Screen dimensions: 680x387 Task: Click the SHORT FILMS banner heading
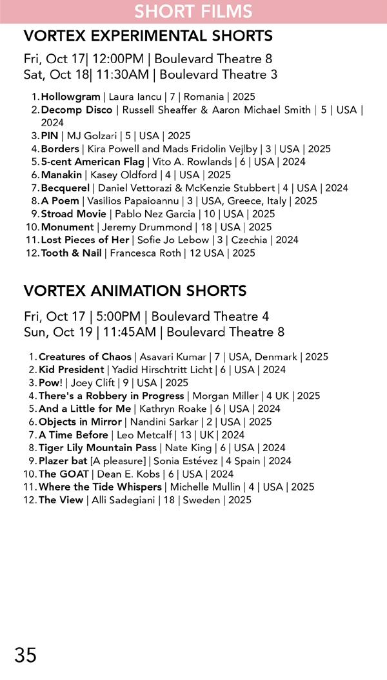[x=193, y=12]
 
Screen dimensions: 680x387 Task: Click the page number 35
[x=25, y=655]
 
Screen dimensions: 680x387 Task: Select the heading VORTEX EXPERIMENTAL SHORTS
[x=148, y=35]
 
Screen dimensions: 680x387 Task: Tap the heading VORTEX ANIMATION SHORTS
[x=135, y=291]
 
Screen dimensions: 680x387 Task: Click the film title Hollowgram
[x=70, y=97]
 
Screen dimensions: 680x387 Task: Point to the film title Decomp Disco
[x=76, y=110]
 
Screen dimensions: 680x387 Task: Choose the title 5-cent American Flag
[x=92, y=162]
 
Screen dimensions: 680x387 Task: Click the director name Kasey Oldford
[x=116, y=175]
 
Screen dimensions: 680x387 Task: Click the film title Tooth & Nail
[x=71, y=253]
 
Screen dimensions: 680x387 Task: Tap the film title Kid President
[x=71, y=370]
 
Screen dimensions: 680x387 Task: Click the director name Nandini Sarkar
[x=164, y=422]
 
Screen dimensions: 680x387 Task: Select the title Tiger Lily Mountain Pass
[x=97, y=447]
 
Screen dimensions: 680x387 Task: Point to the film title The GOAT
[x=64, y=474]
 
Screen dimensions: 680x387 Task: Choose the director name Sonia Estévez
[x=189, y=461]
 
